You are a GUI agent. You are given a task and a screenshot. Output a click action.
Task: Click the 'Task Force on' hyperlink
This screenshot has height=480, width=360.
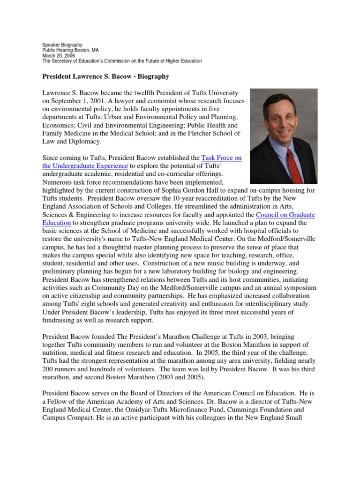[x=221, y=158]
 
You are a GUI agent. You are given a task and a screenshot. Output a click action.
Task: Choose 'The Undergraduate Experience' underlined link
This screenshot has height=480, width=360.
[x=85, y=166]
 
